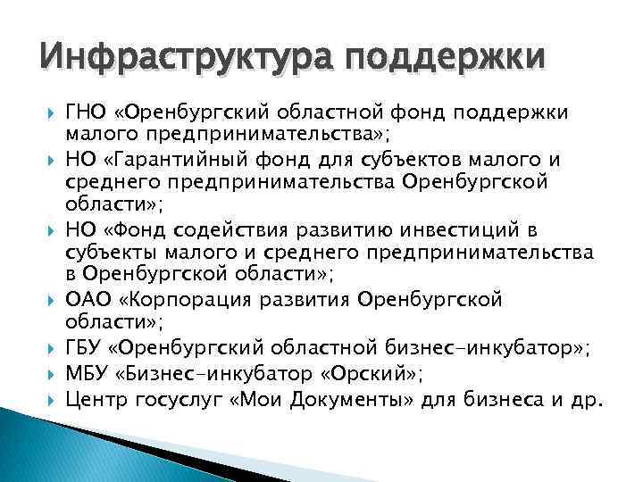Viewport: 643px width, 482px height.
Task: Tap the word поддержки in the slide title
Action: coord(438,60)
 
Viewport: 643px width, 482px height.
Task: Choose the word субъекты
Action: coord(105,253)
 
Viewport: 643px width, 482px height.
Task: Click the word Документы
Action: coord(358,394)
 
